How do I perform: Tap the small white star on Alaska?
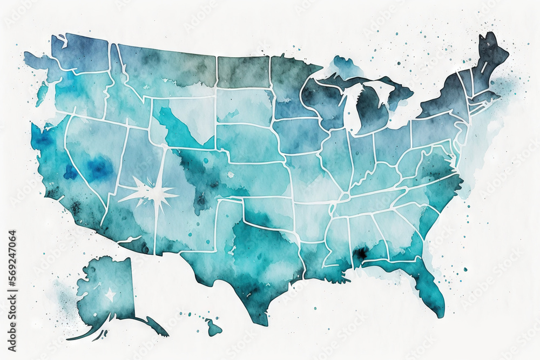click(111, 295)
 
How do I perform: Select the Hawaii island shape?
click(213, 327)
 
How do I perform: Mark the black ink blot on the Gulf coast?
click(359, 253)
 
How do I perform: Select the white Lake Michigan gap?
click(349, 108)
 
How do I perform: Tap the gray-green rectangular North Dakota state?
click(243, 72)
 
